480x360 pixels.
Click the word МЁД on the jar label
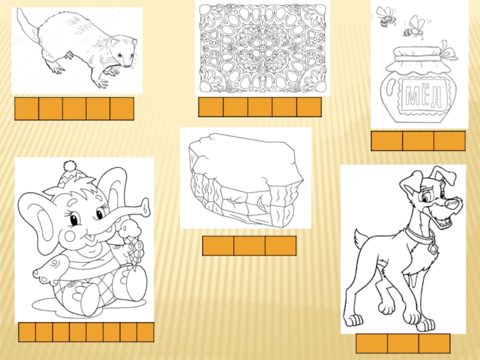click(424, 95)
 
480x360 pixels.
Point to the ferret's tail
click(27, 24)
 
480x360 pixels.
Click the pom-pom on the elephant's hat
click(70, 166)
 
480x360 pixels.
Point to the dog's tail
click(361, 241)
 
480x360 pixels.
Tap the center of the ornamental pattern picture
click(262, 49)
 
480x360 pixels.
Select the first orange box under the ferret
click(27, 109)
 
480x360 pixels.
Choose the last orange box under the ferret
click(122, 109)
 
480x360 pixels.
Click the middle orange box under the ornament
click(260, 107)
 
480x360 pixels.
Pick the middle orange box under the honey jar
click(418, 141)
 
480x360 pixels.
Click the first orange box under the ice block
click(218, 245)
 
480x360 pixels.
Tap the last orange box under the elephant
click(145, 332)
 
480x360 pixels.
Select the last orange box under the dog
click(434, 343)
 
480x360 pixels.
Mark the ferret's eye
click(119, 55)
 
